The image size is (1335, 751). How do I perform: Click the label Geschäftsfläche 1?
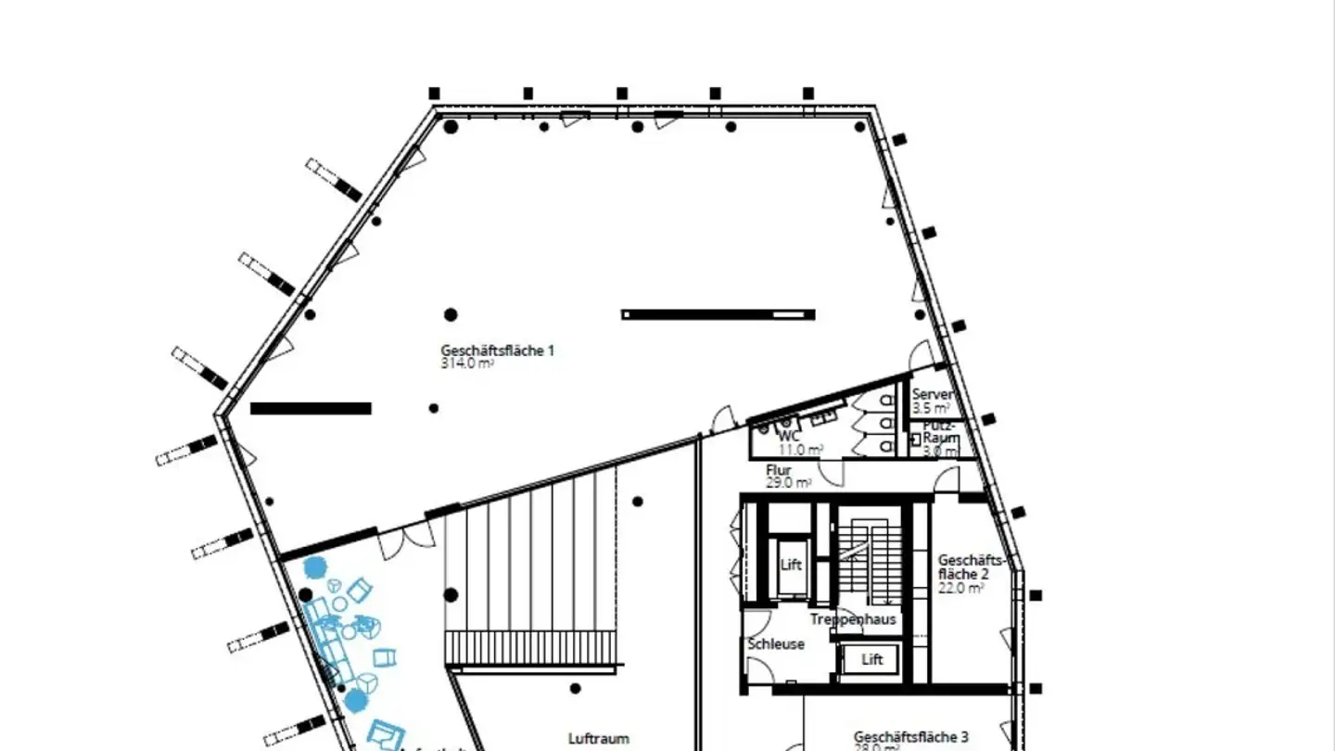(497, 350)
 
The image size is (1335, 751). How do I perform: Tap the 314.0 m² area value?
(466, 363)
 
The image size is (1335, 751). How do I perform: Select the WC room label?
(789, 436)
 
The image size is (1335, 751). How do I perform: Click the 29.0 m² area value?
(788, 483)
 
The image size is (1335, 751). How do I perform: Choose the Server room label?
(932, 394)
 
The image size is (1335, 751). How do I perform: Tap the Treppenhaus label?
(852, 619)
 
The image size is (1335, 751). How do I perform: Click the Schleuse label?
(776, 643)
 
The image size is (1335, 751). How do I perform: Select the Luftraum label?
(598, 738)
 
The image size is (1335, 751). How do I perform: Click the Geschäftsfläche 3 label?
(910, 736)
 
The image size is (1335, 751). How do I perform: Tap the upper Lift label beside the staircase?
(791, 565)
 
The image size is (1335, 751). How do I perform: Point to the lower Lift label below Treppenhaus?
(872, 659)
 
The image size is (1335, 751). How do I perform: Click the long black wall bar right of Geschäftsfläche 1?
(718, 314)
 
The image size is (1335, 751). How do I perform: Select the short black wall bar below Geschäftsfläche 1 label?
(311, 408)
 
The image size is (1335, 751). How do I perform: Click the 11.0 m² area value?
(800, 450)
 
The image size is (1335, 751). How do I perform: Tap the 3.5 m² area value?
(930, 407)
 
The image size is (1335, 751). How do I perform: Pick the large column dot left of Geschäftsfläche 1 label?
(451, 315)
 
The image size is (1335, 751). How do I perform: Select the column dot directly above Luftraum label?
(576, 688)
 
